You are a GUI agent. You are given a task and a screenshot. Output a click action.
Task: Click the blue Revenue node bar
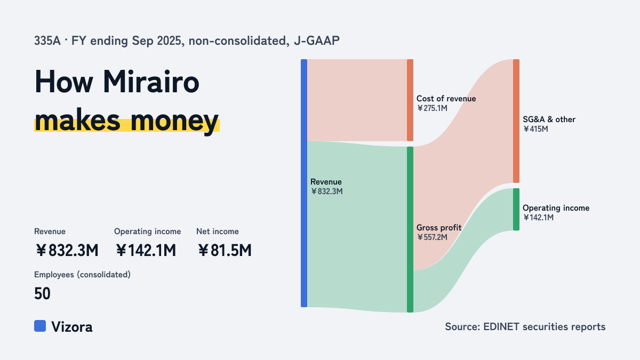[304, 183]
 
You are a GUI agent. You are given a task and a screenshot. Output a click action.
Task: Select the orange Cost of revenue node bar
[410, 100]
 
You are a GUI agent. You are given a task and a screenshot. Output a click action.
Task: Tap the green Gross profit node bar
[410, 229]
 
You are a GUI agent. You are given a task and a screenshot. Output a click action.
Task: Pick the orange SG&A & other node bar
[516, 121]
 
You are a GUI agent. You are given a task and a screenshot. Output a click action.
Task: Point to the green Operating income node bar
[516, 210]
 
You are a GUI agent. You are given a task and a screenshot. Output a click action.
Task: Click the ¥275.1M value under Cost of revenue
[432, 108]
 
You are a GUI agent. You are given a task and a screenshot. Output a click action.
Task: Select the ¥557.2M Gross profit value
[432, 237]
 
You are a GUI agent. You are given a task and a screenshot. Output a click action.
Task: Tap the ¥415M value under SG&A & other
[535, 129]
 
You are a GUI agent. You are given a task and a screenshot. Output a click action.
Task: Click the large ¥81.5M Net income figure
[225, 250]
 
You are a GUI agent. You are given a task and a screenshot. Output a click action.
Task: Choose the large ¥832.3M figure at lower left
[67, 250]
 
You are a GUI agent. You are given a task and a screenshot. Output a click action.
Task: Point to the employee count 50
[42, 293]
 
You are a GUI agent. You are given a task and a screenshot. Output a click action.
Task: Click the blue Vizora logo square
[40, 326]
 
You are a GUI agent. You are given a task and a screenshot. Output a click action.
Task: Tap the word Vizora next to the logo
[72, 327]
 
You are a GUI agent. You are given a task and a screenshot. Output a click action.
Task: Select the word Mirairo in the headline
[151, 82]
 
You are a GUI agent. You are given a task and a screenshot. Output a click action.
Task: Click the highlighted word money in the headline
[174, 121]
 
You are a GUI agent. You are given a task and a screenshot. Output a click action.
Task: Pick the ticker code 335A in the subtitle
[47, 41]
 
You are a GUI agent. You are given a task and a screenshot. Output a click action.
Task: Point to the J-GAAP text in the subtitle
[317, 41]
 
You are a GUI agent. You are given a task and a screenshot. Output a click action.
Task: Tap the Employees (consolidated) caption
[82, 275]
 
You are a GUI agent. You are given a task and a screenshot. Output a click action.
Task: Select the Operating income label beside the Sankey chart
[556, 208]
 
